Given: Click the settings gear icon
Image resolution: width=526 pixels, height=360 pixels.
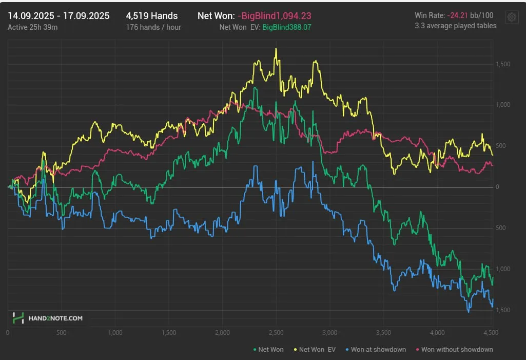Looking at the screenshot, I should (x=511, y=17).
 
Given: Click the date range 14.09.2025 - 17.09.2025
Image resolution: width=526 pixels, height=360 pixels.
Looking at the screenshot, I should (x=59, y=16).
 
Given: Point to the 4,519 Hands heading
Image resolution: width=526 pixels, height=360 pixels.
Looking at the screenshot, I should (x=152, y=16).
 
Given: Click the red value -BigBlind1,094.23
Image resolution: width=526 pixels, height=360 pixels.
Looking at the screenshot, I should (x=275, y=16).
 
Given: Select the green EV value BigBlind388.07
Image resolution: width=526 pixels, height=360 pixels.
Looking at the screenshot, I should (x=287, y=27).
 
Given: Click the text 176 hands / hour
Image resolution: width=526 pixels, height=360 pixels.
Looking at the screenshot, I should (x=153, y=27).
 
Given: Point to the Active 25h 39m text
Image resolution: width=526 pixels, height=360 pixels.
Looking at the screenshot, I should (x=33, y=27).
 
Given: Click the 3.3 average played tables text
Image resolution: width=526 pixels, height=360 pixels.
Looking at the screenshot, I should (x=456, y=26).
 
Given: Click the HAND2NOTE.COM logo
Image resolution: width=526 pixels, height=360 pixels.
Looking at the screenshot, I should (x=47, y=318).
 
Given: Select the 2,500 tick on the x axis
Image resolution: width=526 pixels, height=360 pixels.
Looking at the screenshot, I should (x=276, y=332).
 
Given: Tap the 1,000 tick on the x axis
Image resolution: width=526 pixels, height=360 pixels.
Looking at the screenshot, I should (x=115, y=332).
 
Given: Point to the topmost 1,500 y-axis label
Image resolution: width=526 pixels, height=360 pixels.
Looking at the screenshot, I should (x=503, y=64).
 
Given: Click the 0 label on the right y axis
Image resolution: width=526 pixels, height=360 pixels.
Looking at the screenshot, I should (x=497, y=187).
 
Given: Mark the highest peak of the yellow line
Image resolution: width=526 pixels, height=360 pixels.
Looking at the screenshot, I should (x=276, y=49).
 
